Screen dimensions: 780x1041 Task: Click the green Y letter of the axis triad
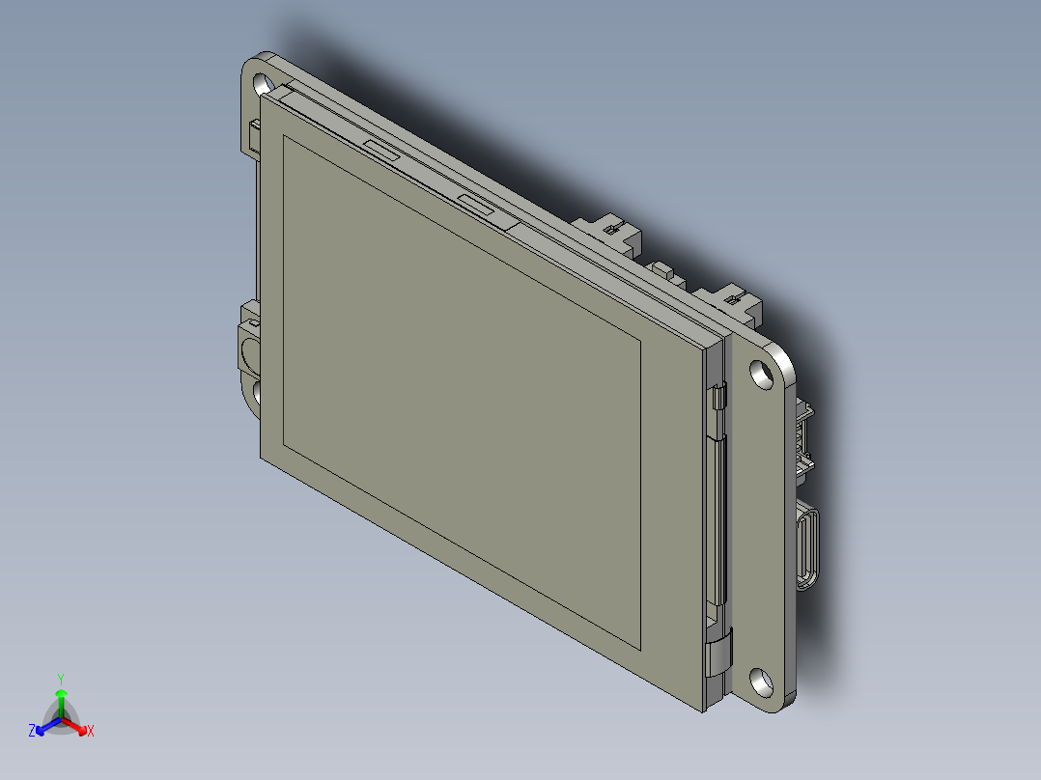tap(61, 679)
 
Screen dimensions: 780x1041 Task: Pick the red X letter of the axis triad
tap(91, 732)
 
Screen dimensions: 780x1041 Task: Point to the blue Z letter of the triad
tap(32, 732)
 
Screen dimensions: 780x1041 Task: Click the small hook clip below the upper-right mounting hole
tap(719, 397)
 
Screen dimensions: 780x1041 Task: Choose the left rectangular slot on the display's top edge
tap(382, 149)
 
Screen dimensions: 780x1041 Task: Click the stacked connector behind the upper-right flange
tap(802, 439)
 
